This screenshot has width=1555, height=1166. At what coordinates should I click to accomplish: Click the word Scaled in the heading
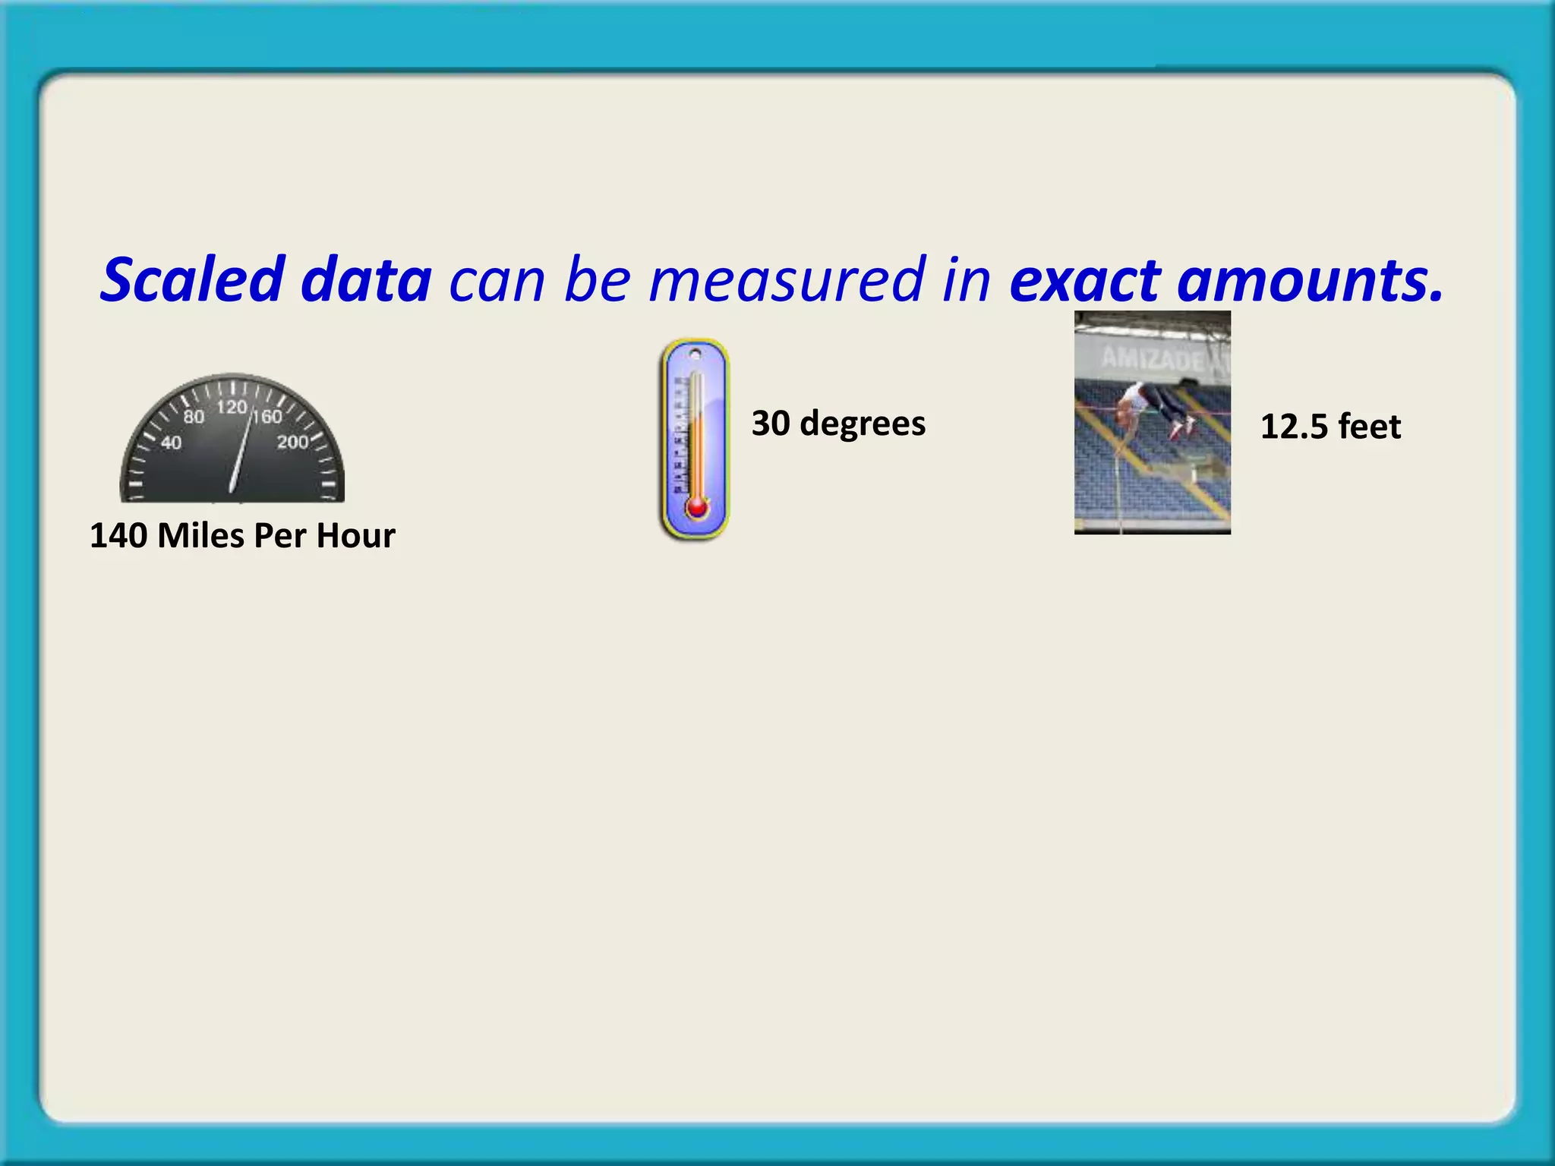coord(192,279)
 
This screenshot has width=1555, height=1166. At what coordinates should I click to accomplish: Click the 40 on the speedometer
coord(172,443)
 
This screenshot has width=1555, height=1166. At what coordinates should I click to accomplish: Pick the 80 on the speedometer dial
coord(194,417)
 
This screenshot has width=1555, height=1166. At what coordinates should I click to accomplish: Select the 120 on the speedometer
coord(231,408)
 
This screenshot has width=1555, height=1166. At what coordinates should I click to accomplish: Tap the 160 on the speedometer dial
coord(267,417)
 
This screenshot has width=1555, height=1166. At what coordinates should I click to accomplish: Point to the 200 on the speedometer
coord(292,442)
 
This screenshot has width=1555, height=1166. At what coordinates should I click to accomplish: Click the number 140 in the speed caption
coord(118,536)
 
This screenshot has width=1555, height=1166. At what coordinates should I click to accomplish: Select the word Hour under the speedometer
coord(355,536)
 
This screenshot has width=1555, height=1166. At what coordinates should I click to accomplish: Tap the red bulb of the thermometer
coord(696,507)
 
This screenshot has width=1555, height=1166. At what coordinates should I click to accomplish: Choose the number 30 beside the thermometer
coord(771,423)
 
